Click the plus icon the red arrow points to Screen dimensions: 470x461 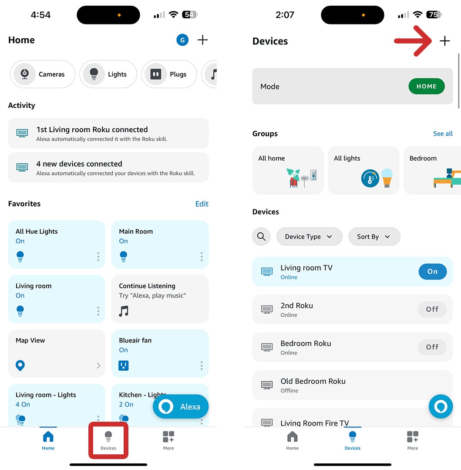coord(444,41)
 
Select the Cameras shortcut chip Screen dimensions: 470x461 coord(43,74)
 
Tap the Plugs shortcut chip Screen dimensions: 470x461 coord(169,74)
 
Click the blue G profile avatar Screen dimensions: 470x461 coord(182,40)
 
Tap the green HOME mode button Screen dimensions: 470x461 coord(426,87)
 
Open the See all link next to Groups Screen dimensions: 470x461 coord(443,134)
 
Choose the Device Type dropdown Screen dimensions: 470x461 coord(309,237)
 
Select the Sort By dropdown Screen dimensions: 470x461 coord(374,237)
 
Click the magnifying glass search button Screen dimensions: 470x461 coord(261,237)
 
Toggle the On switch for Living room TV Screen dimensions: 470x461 coord(432,272)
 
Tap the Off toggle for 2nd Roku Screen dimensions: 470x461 coord(432,309)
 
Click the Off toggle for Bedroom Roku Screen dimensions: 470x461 coord(432,347)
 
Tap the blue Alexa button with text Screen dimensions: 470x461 coord(181,407)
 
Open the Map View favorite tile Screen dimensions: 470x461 coord(57,353)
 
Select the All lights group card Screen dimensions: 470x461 coord(363,170)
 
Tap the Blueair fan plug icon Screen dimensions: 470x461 coord(124,365)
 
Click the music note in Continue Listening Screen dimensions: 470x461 coord(124,311)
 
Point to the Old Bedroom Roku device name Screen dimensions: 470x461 coord(313,381)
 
